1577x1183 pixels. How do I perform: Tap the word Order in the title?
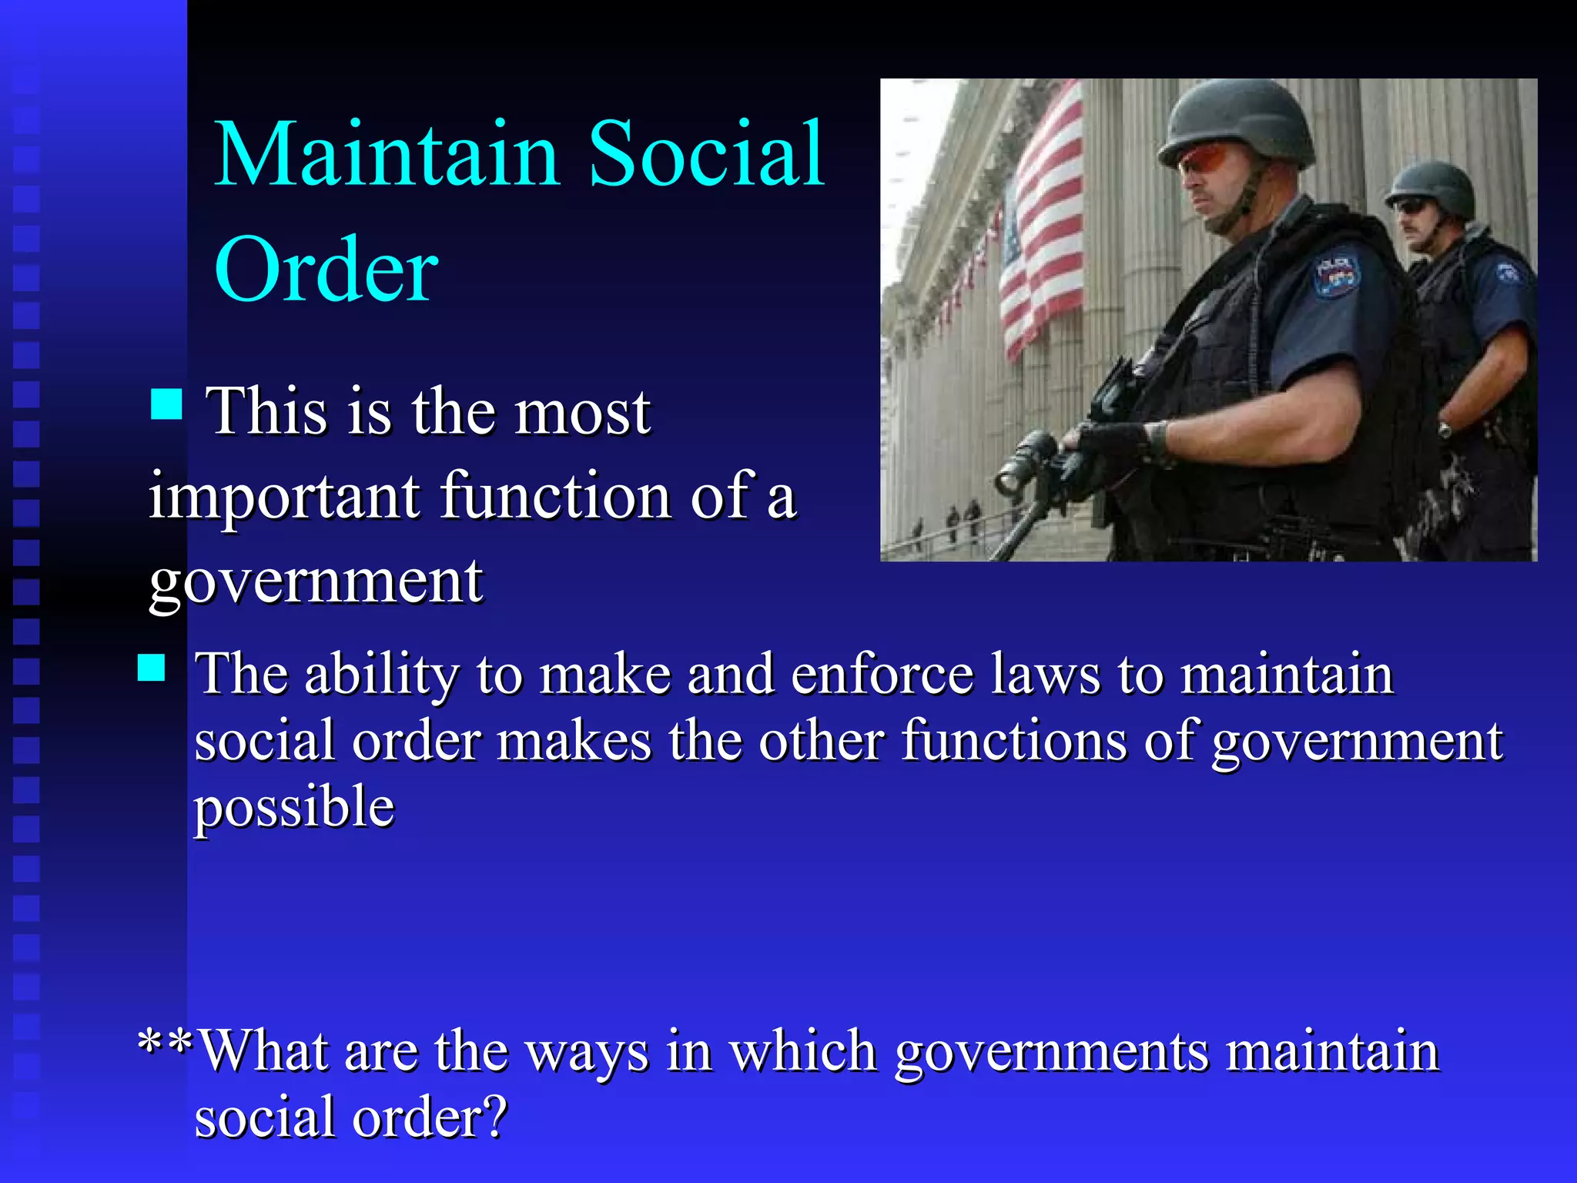[326, 270]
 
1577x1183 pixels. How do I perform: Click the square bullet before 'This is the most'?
[166, 404]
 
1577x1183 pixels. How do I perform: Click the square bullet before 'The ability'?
[152, 668]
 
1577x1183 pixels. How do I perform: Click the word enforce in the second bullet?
[882, 674]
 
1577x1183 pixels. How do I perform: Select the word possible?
[293, 808]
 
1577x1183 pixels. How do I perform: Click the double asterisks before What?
[164, 1044]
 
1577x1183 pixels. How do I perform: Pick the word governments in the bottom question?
[1052, 1052]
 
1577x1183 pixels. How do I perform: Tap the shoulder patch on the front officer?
[1337, 274]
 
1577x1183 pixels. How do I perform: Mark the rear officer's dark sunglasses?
[1411, 206]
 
